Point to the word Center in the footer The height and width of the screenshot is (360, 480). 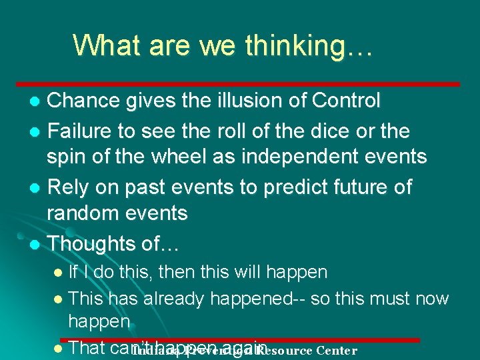point(337,350)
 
